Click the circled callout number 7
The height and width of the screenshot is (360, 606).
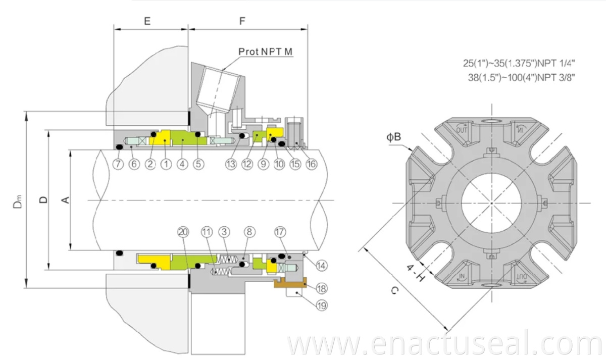(118, 164)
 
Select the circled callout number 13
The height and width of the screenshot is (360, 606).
(231, 164)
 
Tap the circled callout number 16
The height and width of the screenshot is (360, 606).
(312, 164)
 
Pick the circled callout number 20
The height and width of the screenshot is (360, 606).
(183, 232)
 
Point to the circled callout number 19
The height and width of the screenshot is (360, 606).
(322, 305)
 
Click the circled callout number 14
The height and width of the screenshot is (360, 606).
(321, 266)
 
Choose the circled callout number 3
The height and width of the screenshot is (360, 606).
(224, 232)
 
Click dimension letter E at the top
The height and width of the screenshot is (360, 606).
(147, 21)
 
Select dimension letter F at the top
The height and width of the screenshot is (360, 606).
(242, 21)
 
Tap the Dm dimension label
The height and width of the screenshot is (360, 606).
(18, 201)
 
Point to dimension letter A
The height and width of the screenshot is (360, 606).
(66, 200)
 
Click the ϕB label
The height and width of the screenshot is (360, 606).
(393, 137)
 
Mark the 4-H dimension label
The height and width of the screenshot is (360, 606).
(415, 273)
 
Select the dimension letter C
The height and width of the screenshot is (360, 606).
(394, 291)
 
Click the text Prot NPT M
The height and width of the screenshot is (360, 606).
(266, 52)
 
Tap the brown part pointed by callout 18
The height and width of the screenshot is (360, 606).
(290, 283)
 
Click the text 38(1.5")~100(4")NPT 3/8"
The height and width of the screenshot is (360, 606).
(521, 78)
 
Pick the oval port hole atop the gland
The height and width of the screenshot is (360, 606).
(491, 120)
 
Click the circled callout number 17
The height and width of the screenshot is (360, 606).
(280, 232)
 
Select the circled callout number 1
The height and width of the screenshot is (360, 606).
(166, 164)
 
